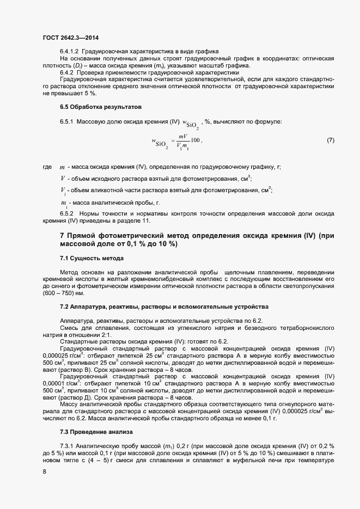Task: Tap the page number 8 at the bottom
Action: [44, 472]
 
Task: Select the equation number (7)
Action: [330, 141]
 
